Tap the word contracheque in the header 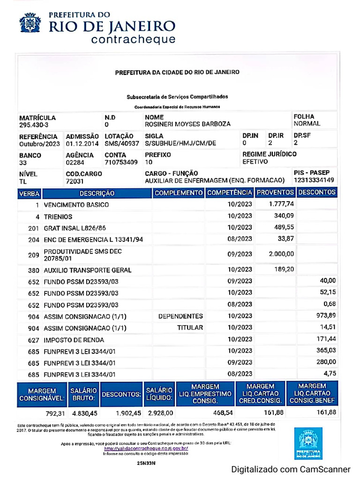tap(134, 39)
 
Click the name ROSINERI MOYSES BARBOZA tap(187, 124)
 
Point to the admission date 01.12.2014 tap(82, 143)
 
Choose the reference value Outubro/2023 tap(39, 143)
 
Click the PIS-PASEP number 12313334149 tap(314, 180)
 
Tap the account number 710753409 tap(121, 162)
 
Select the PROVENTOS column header tap(276, 193)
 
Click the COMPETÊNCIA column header tap(230, 193)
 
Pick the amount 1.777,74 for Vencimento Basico tap(281, 204)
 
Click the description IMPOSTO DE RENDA tap(74, 339)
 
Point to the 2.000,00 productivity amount tap(281, 254)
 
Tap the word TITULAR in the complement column tap(190, 328)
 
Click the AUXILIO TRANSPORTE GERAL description tap(87, 270)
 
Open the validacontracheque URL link tap(146, 448)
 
